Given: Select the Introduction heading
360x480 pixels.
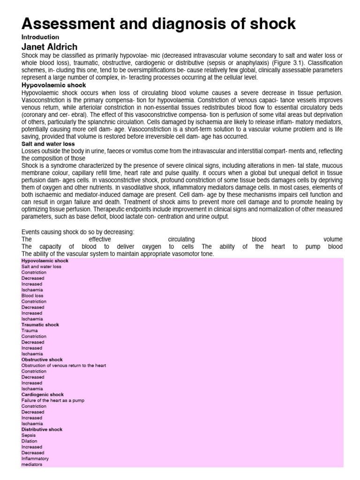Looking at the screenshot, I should coord(40,37).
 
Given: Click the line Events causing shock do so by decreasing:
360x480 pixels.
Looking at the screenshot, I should coord(78,232).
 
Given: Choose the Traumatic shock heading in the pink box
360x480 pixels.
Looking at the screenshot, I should coord(40,325).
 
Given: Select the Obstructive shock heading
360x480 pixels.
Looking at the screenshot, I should coord(42,360).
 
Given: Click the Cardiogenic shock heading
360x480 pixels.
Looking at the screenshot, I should coord(42,395).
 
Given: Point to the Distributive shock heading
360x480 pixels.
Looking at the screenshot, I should coord(42,429).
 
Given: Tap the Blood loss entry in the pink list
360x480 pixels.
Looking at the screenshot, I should coord(32,296).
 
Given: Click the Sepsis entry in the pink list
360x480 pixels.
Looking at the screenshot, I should coord(29,435).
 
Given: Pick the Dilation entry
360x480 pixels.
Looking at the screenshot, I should coord(30,441).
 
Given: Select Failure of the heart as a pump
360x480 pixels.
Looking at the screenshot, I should coord(53,400).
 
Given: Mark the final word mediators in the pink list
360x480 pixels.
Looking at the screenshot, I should coord(32,465).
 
